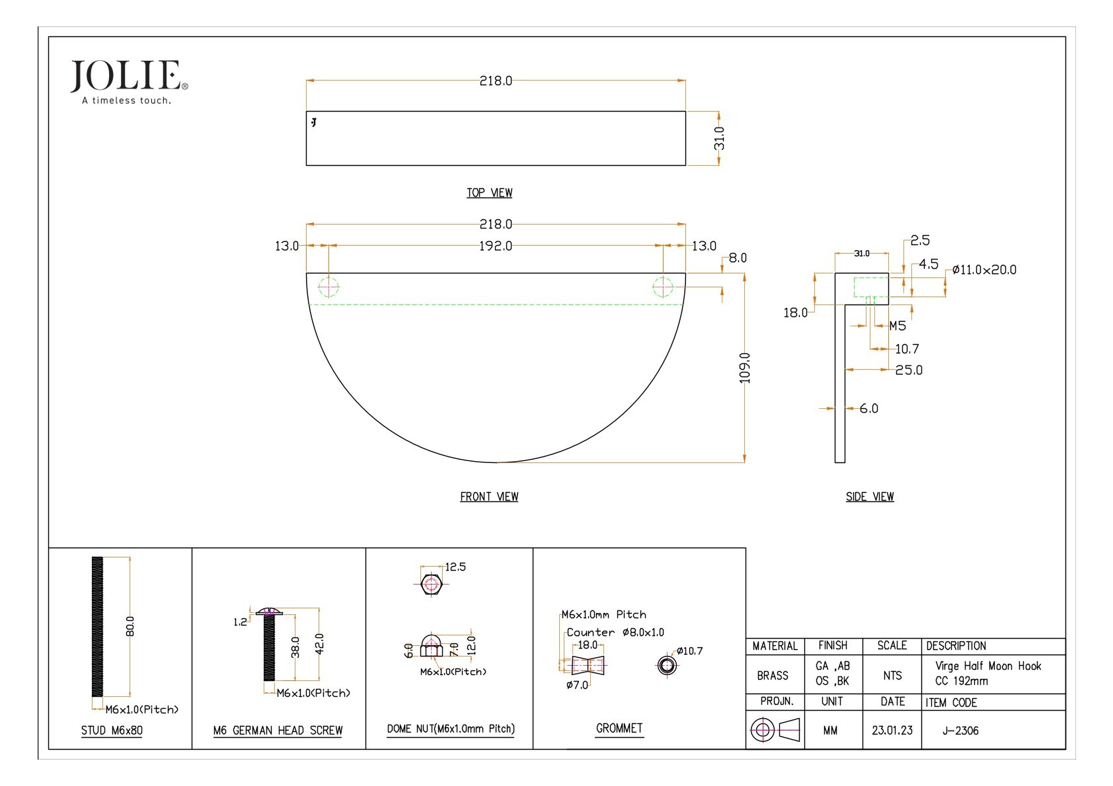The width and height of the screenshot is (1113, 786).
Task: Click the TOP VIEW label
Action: pos(489,193)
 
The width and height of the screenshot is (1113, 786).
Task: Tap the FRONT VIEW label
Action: pos(489,497)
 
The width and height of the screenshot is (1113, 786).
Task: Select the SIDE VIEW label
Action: pos(870,497)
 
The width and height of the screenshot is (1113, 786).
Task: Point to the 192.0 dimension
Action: pos(495,246)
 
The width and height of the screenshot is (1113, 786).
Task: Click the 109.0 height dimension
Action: pos(745,367)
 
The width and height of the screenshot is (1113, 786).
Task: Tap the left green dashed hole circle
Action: pos(328,287)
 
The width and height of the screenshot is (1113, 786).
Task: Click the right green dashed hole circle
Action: pos(663,287)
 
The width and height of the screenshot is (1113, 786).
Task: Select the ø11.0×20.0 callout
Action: pos(984,269)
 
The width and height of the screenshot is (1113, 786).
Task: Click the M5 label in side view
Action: pos(898,326)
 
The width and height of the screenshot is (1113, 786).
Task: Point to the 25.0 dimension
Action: pos(909,371)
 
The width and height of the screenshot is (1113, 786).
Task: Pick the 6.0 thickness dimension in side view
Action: pos(869,409)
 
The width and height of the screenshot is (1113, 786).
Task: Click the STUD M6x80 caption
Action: pos(112,731)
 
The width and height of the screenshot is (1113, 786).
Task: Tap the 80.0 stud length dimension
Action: pos(130,626)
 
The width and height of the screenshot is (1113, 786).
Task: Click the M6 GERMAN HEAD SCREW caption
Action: pos(278,731)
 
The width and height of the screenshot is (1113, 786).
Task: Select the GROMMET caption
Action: pos(619,728)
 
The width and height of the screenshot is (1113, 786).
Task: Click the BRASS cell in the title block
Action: pos(773,676)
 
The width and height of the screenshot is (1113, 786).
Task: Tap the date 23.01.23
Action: pos(892,731)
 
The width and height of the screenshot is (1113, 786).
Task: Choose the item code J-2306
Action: pos(960,731)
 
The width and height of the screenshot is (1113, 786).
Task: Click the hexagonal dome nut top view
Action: pos(431,585)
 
